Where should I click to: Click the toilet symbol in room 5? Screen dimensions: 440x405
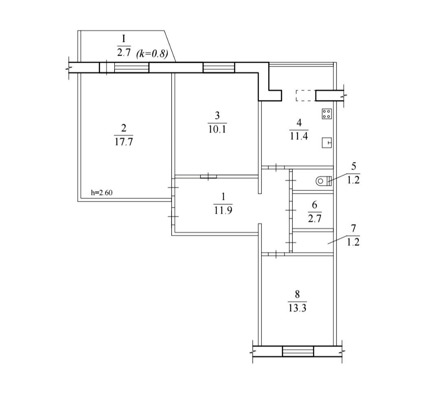(323, 181)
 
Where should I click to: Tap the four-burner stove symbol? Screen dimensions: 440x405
(327, 114)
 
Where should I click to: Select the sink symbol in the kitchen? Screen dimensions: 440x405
(327, 142)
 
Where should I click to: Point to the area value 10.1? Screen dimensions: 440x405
(217, 129)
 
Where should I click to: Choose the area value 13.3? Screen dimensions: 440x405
(297, 308)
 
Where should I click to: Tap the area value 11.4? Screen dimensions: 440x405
(299, 136)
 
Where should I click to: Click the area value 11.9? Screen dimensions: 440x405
(223, 210)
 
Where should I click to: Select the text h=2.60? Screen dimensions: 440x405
(101, 193)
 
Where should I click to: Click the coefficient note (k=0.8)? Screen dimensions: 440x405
(152, 53)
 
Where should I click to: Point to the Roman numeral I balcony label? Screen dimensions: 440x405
(124, 38)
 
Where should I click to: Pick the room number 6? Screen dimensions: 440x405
(315, 205)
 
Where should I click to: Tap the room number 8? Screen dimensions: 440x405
(297, 294)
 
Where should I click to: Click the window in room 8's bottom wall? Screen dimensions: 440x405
(298, 351)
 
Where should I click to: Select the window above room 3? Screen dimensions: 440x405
(219, 67)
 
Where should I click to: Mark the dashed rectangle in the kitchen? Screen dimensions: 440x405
(305, 95)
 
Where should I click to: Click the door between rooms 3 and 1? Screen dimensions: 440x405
(209, 176)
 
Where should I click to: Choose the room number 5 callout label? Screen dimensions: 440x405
(354, 166)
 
